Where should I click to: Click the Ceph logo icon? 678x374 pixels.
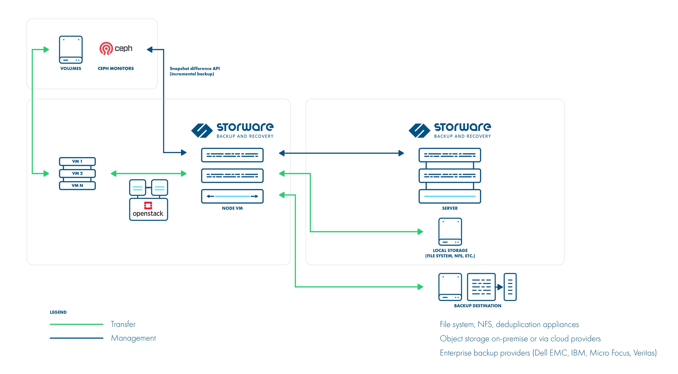pos(106,49)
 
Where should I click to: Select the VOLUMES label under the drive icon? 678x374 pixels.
pos(71,68)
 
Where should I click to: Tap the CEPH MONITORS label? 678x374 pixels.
pos(116,68)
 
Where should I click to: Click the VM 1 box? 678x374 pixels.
pos(77,161)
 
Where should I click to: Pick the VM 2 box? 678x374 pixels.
pos(77,173)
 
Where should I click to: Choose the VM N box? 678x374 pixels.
pos(77,186)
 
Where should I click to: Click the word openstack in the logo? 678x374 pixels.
pos(148,214)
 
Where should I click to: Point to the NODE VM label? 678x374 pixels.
pos(232,208)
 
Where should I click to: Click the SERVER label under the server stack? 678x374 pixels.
pos(450,208)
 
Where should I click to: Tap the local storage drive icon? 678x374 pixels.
pos(450,231)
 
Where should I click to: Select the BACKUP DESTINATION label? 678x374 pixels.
pos(478,306)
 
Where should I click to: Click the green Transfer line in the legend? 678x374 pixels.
pos(77,324)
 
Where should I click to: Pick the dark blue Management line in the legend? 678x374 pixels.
pos(77,338)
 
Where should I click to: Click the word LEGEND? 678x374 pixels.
pos(58,312)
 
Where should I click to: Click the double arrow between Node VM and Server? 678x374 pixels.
pos(341,153)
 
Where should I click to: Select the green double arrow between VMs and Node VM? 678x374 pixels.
pos(149,174)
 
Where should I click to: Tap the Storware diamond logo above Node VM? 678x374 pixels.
pos(202,130)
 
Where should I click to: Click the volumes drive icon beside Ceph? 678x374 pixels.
pos(71,49)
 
